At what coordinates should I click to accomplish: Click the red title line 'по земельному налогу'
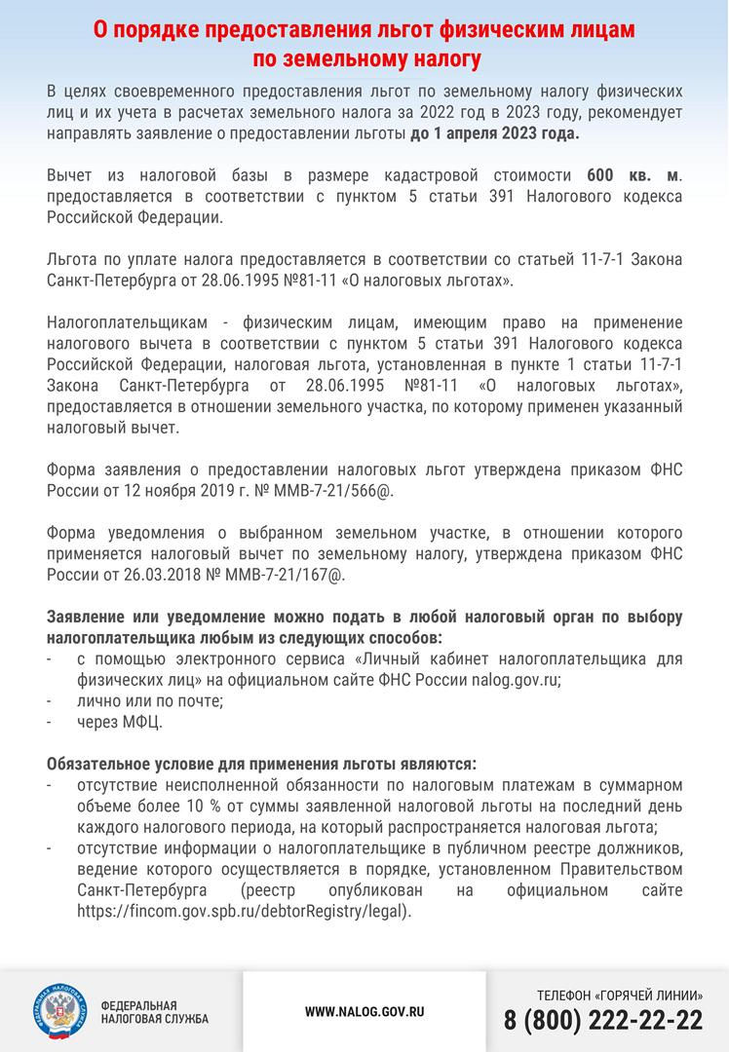coord(364,60)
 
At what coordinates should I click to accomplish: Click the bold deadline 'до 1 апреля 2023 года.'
coord(495,133)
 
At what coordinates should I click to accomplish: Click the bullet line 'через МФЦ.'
coord(120,723)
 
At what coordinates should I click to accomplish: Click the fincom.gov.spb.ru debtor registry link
coord(245,912)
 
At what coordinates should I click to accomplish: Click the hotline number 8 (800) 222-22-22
coord(603,1020)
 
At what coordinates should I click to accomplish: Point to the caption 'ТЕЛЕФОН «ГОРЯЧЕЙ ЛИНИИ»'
coord(620,995)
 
